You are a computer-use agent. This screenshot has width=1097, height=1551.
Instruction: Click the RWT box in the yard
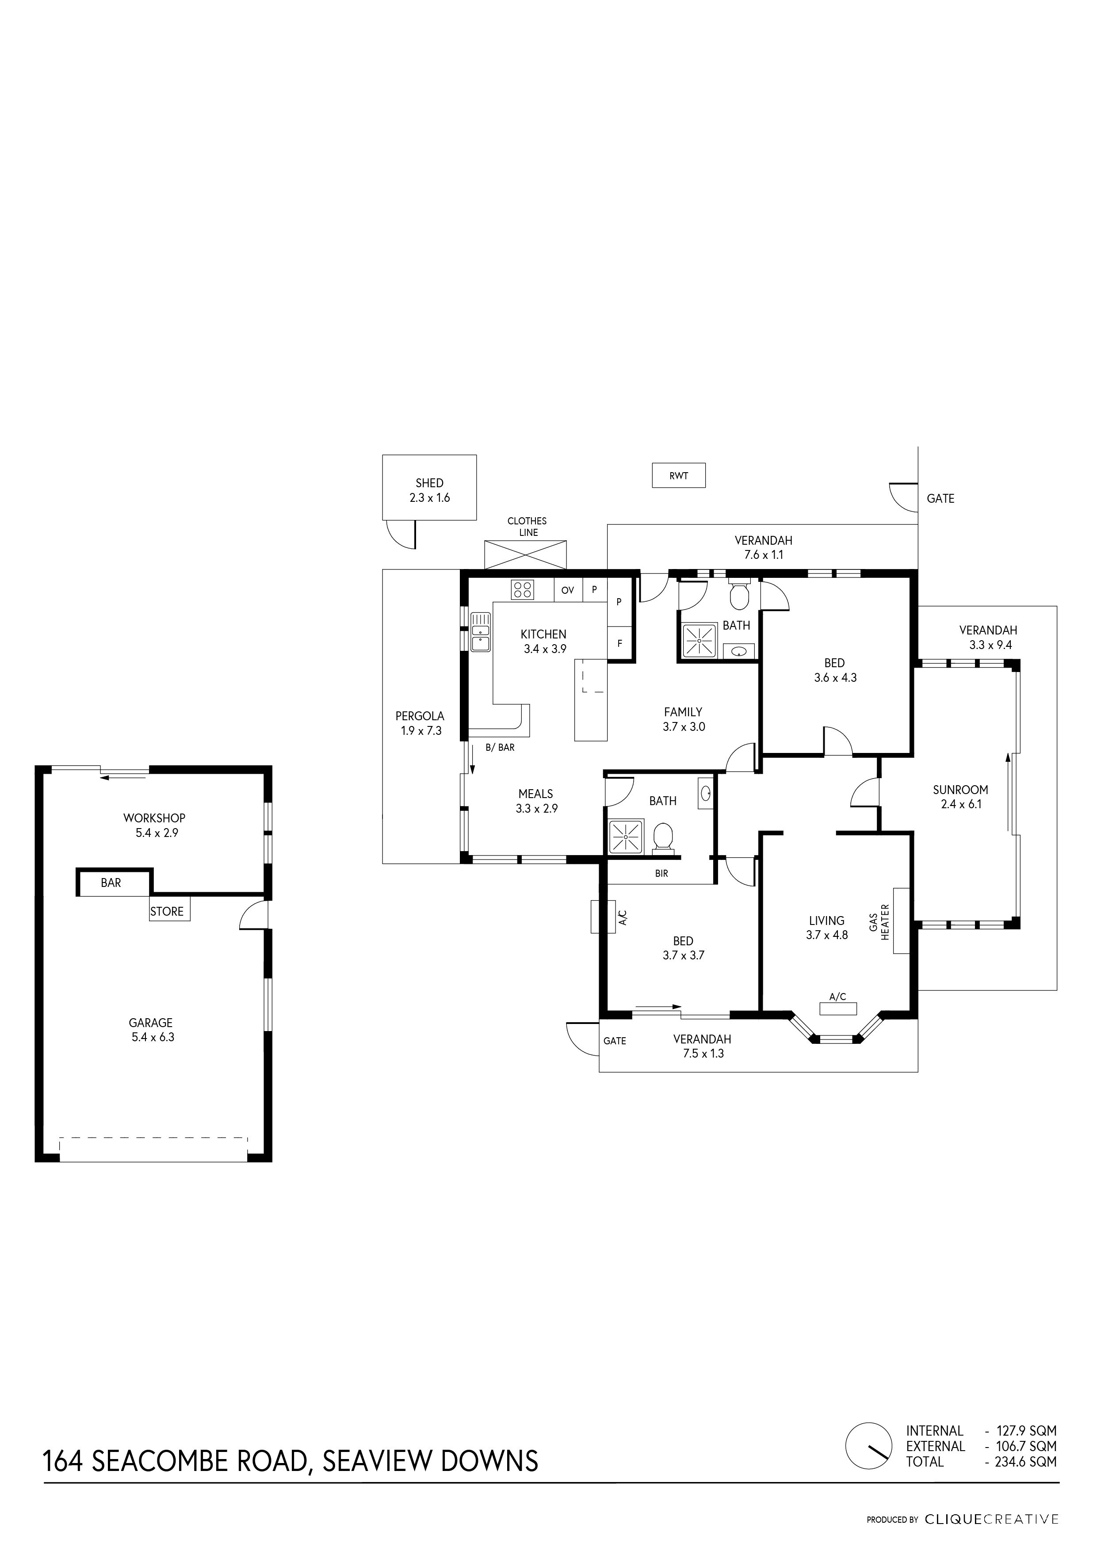[678, 476]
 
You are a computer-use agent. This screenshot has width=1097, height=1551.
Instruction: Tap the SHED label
[430, 483]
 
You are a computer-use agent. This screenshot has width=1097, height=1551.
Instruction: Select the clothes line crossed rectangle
[526, 554]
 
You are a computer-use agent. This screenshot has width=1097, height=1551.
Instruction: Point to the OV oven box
[567, 590]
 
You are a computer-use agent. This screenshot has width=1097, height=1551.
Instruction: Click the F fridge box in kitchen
[619, 644]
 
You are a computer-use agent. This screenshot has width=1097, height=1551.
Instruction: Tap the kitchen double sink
[480, 632]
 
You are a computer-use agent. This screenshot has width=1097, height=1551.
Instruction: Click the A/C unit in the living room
[837, 1009]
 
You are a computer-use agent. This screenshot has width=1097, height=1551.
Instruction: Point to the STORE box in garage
[167, 911]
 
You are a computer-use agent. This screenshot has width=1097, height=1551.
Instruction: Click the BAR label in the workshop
[111, 883]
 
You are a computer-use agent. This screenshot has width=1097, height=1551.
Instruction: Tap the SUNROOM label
[960, 790]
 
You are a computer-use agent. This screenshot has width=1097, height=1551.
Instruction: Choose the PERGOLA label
[420, 716]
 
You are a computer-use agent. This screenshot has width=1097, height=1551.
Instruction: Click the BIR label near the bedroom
[661, 874]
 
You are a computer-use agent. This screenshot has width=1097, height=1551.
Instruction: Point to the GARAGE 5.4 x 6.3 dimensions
[153, 1037]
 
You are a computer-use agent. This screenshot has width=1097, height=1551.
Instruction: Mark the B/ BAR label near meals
[500, 748]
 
